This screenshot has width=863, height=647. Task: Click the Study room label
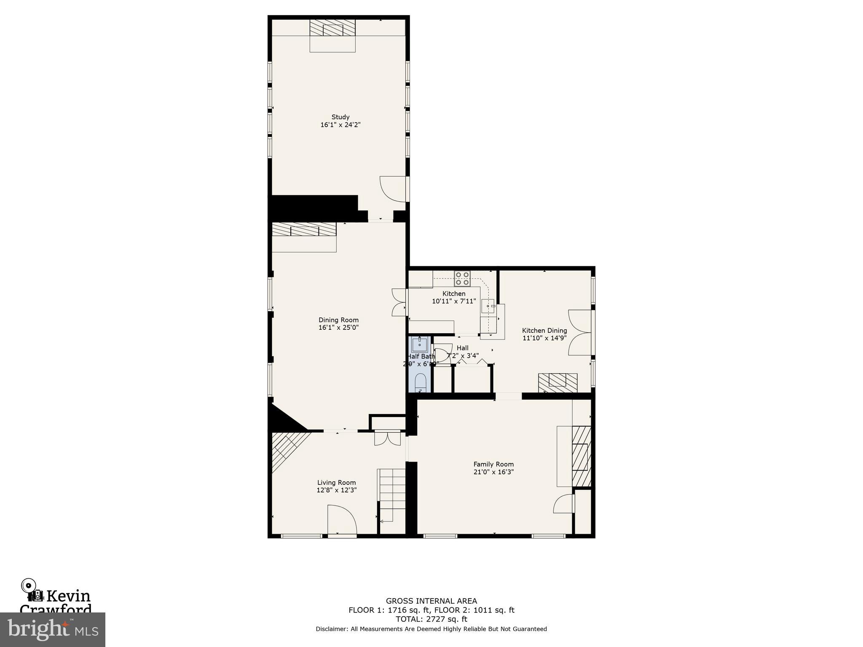pos(340,117)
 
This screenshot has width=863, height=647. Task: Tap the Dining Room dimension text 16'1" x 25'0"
pos(338,327)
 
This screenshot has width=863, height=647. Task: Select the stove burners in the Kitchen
pos(462,278)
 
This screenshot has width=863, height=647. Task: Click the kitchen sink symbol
pos(488,306)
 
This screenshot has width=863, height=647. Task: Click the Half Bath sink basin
pos(419,345)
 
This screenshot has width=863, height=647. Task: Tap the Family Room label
pos(493,464)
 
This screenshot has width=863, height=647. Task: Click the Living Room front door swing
pos(342,519)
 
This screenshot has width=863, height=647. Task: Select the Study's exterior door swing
pos(393,188)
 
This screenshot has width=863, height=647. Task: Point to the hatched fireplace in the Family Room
pos(581,457)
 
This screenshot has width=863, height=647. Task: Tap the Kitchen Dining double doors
pos(579,333)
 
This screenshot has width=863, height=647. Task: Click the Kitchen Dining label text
pos(544,331)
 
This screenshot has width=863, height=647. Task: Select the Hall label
pos(462,348)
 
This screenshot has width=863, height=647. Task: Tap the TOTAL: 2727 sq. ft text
pos(431,619)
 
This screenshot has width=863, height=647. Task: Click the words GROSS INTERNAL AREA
pos(431,601)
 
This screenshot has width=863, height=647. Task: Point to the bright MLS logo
pos(52,629)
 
